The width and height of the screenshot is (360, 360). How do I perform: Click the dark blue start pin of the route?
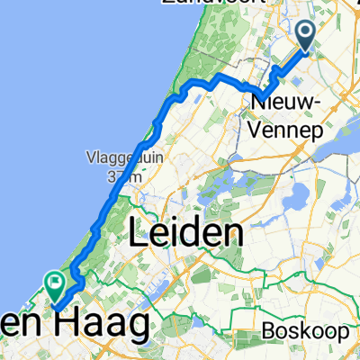(306, 36)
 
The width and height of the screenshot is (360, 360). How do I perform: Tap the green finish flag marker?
(56, 286)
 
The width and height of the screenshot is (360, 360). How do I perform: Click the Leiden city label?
(186, 236)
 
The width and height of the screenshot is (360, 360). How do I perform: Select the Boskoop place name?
(306, 332)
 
